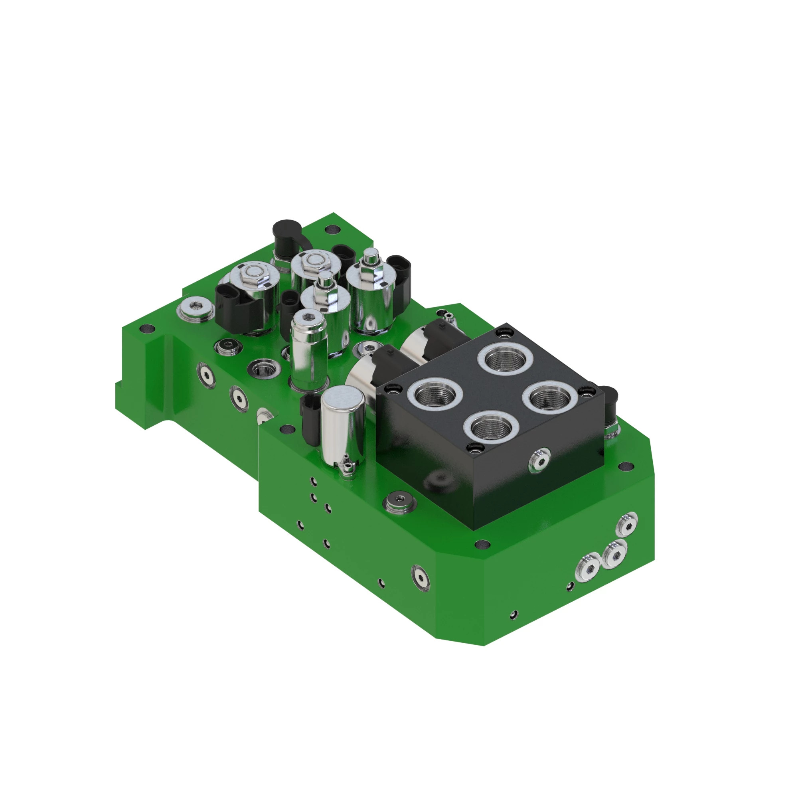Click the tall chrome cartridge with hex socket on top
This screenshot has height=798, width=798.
tap(308, 350)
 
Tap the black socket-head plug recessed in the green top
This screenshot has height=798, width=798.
tap(227, 346)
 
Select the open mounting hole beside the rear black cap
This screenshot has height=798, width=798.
tap(330, 228)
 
